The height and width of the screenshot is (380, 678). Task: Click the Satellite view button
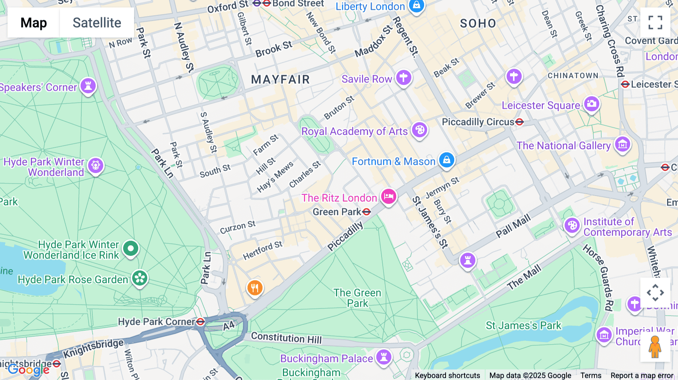[97, 23]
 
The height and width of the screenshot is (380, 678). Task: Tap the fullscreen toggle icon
[655, 23]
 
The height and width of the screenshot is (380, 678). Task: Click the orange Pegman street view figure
[655, 347]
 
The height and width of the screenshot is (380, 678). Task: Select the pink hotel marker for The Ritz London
[388, 196]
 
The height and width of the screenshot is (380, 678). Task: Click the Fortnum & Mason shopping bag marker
[446, 160]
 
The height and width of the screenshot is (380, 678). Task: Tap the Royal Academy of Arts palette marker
[419, 130]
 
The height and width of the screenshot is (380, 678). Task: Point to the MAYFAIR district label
[280, 80]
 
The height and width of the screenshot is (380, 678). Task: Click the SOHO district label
[478, 24]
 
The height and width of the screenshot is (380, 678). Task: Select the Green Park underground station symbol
[366, 212]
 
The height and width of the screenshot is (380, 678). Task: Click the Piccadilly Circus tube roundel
[519, 122]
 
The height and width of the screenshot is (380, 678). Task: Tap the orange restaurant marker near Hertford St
[255, 288]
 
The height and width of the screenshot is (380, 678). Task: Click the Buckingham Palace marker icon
[384, 356]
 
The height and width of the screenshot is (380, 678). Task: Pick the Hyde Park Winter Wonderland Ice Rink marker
[131, 248]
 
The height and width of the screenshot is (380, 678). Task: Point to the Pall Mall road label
[513, 226]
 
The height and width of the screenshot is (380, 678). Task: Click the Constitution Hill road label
[286, 337]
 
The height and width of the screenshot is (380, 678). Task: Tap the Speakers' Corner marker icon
[88, 86]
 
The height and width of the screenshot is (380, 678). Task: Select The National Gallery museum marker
[622, 144]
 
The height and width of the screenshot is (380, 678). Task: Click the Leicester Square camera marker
[591, 103]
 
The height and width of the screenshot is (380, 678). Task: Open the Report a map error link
[642, 375]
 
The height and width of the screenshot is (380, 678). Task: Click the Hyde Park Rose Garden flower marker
[140, 278]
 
